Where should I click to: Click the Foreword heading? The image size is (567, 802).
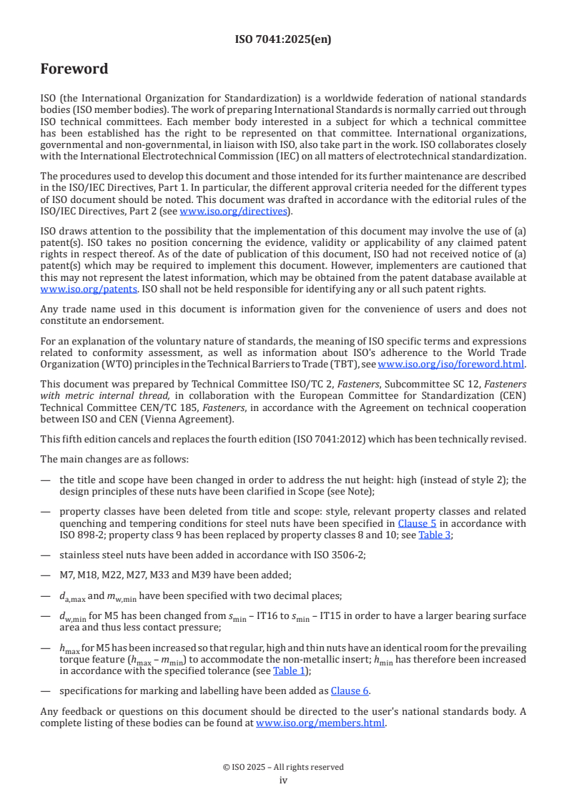click(x=74, y=69)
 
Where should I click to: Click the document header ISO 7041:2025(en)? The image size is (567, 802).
click(x=283, y=39)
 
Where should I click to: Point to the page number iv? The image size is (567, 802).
click(x=283, y=781)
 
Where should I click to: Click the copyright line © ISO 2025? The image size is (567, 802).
click(x=283, y=767)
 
